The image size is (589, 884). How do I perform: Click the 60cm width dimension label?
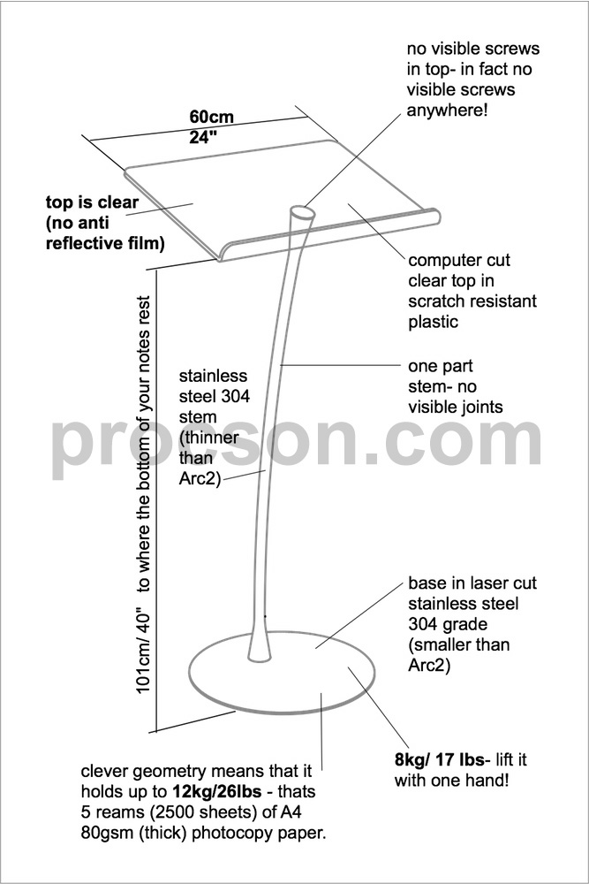(x=211, y=118)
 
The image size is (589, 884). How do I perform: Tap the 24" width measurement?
(x=203, y=138)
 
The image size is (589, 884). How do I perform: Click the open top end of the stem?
(x=303, y=213)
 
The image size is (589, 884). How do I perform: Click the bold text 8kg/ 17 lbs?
(x=439, y=760)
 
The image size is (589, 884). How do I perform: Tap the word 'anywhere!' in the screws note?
(x=447, y=110)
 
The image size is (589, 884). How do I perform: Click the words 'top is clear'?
(x=92, y=202)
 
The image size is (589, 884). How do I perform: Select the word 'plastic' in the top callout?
(x=433, y=322)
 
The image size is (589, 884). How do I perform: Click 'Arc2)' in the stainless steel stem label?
(x=200, y=479)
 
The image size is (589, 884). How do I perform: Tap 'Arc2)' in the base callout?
(x=429, y=666)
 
